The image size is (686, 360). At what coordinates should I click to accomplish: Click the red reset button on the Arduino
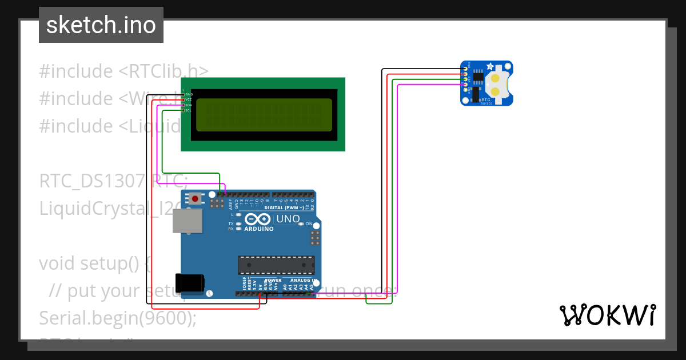196,199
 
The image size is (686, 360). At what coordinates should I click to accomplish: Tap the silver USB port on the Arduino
187,221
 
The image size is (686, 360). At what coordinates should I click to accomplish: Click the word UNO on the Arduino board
288,219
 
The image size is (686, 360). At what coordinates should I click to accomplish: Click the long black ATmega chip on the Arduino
276,265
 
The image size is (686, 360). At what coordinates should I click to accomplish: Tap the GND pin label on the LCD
189,94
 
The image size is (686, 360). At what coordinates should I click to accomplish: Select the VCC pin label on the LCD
189,99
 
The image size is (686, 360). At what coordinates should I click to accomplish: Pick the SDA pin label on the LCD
189,105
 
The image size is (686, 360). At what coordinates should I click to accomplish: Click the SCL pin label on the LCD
189,110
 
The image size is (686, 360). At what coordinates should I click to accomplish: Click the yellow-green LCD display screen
264,114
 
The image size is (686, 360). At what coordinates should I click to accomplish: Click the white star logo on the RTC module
490,67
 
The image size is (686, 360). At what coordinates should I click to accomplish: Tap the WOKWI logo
607,315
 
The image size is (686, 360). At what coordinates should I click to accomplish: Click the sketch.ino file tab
101,25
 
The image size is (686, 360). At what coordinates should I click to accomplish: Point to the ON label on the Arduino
309,223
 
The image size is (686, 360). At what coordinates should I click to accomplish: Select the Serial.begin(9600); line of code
117,318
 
